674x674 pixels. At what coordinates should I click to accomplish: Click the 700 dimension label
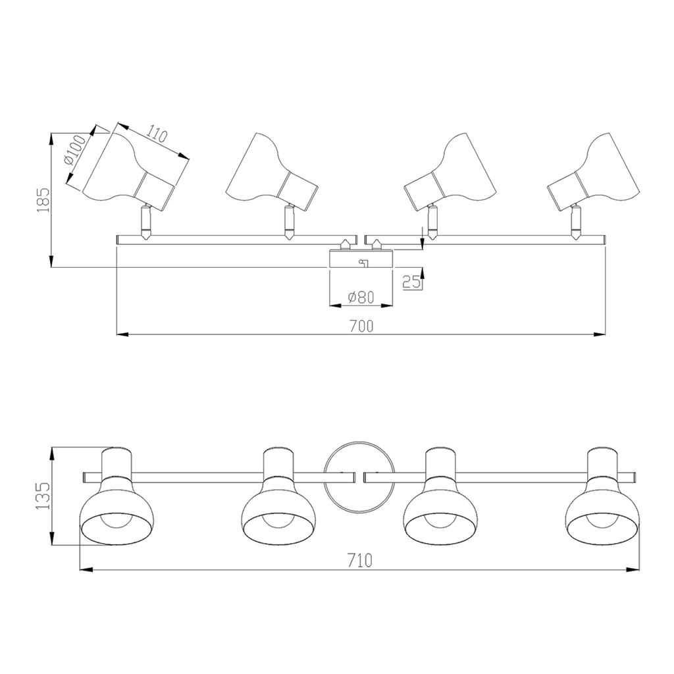pos(361,326)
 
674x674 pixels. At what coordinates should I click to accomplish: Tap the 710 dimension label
pos(360,561)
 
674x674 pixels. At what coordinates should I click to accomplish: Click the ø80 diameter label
pos(360,297)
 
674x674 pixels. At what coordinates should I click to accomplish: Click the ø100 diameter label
pos(75,153)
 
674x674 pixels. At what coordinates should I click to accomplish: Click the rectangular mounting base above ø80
pos(361,259)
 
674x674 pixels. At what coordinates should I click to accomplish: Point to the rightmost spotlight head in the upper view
pos(596,172)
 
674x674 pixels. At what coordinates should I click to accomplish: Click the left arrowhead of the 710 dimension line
pos(84,570)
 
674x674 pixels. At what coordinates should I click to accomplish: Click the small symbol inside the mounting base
pos(361,263)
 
